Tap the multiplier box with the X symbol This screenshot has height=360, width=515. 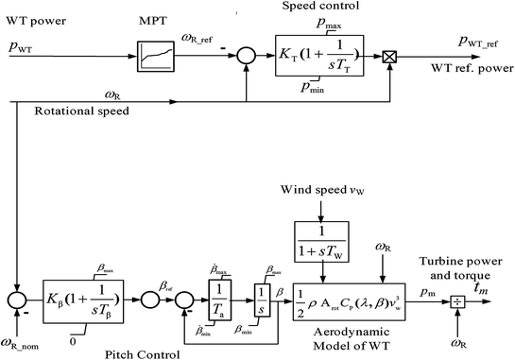click(389, 58)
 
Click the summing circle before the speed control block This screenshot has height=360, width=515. click(246, 58)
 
